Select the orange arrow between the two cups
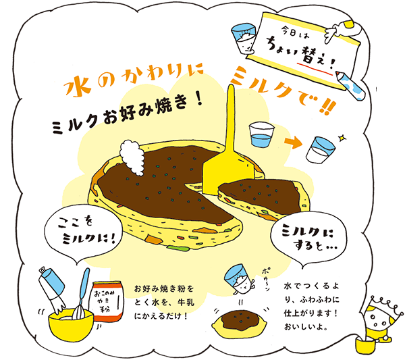pyautogui.click(x=293, y=142)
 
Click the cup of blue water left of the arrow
pyautogui.click(x=261, y=134)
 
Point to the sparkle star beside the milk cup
pyautogui.click(x=342, y=138)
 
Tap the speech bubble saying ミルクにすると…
pyautogui.click(x=308, y=240)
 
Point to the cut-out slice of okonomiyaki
pyautogui.click(x=263, y=198)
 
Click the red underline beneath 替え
pyautogui.click(x=315, y=68)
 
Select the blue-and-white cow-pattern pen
pyautogui.click(x=351, y=84)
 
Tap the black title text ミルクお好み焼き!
pyautogui.click(x=127, y=114)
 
